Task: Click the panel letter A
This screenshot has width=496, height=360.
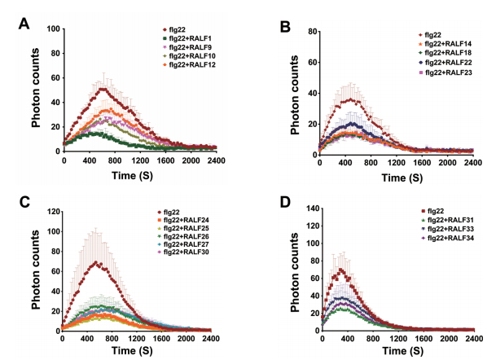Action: tap(26, 23)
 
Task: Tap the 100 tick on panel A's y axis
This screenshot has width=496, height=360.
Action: tap(53, 29)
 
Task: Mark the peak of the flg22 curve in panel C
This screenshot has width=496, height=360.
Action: tap(98, 262)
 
